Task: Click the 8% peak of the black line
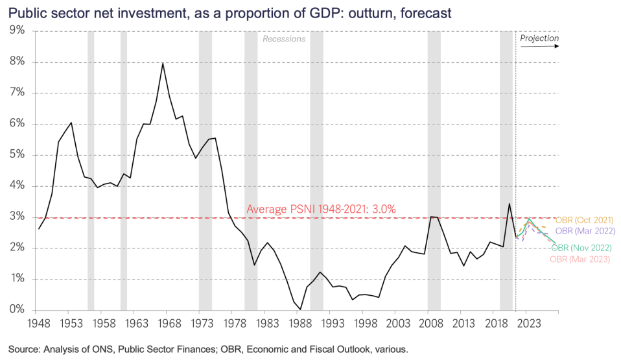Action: [163, 63]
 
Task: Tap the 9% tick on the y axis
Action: [17, 30]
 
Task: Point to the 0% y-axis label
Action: [17, 309]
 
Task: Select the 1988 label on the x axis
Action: [300, 323]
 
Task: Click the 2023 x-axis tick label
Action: [529, 323]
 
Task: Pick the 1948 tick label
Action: [39, 323]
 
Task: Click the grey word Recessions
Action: [284, 39]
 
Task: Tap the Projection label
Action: [539, 38]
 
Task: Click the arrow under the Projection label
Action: [539, 47]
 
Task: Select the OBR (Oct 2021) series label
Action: [584, 220]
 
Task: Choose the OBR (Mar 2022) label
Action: [585, 231]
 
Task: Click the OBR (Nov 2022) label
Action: [581, 248]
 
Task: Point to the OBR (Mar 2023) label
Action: [580, 259]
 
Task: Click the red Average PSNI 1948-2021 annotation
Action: [321, 209]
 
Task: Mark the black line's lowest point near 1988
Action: [300, 309]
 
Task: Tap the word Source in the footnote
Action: [24, 349]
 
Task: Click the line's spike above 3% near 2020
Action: [509, 204]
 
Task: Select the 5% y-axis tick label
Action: [17, 154]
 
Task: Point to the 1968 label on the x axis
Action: [169, 323]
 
